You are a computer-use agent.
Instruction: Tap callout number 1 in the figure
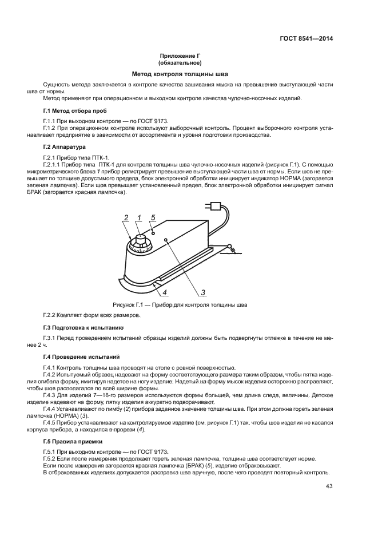pos(139,217)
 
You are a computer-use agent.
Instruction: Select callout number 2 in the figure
pos(126,217)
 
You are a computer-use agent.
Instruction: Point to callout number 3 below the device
pos(203,292)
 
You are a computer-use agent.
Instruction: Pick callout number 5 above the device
pos(153,217)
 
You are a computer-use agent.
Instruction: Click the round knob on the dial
pos(138,238)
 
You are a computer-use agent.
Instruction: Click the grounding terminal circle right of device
pos(230,247)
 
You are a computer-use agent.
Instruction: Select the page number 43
pos(329,486)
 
